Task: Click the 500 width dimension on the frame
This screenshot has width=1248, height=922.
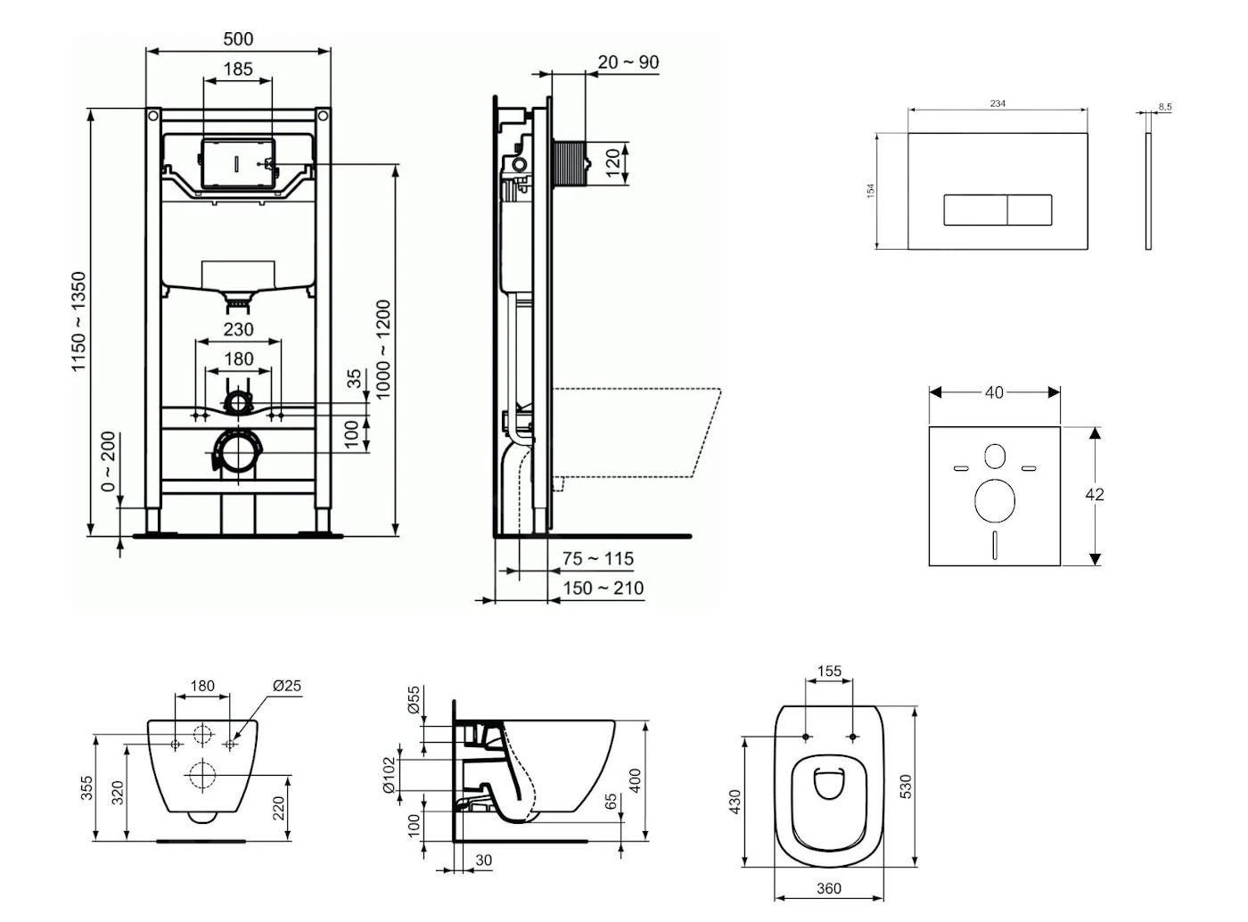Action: click(238, 39)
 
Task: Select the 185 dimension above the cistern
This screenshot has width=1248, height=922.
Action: click(238, 69)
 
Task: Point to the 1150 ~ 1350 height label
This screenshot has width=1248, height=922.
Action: click(80, 322)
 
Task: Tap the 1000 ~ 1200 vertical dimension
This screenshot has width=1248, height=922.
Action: click(383, 350)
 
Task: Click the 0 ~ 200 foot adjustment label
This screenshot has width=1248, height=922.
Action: click(108, 462)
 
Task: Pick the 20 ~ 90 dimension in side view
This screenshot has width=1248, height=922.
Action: click(628, 62)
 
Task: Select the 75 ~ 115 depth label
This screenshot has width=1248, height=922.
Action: click(598, 559)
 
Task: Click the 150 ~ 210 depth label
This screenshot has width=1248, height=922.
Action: click(603, 589)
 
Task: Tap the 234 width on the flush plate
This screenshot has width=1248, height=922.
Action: click(998, 104)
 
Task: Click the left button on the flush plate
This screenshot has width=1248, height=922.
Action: click(975, 210)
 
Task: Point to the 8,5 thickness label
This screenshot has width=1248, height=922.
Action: click(1165, 107)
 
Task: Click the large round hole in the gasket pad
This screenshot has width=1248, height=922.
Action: click(995, 500)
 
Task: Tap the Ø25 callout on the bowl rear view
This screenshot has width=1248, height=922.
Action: click(287, 686)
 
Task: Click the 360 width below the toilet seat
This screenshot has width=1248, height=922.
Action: click(829, 888)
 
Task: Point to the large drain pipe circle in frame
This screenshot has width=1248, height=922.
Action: click(238, 453)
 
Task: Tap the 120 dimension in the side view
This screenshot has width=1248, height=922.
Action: click(613, 164)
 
